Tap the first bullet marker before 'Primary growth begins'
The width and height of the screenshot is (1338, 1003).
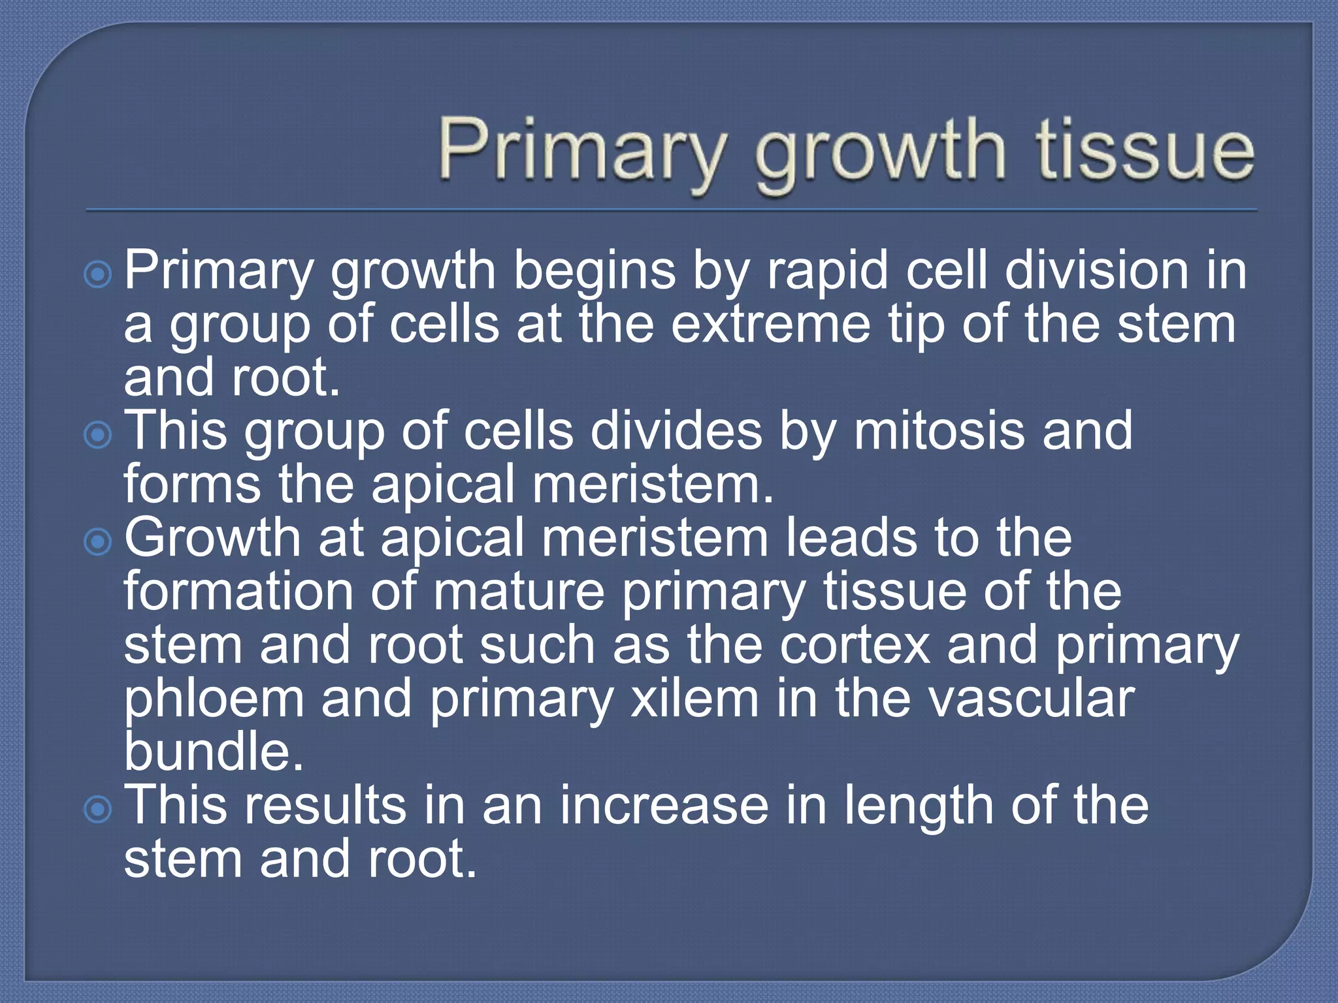click(98, 275)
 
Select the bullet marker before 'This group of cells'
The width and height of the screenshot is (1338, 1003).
click(98, 435)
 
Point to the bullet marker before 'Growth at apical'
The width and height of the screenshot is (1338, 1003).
click(98, 541)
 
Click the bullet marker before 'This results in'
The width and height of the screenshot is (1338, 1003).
click(98, 810)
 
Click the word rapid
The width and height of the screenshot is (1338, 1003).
click(827, 272)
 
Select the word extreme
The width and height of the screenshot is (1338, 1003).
click(771, 325)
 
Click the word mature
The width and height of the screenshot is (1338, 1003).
click(519, 592)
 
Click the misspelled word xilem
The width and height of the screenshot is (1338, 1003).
click(694, 699)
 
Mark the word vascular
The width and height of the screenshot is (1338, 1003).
click(1032, 699)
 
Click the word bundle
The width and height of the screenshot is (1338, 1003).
click(214, 752)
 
